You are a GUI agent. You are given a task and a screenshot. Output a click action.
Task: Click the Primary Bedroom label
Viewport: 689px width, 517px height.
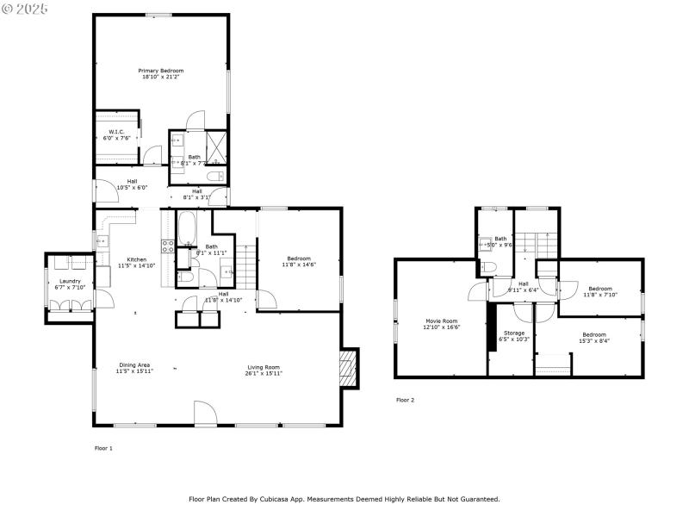pos(161,71)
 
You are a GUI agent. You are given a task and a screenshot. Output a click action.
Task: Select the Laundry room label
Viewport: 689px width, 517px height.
pos(70,282)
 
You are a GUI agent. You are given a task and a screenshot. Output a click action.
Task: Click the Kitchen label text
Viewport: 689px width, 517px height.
pos(137,259)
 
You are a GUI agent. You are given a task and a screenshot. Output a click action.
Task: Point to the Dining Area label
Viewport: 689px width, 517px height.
pos(133,366)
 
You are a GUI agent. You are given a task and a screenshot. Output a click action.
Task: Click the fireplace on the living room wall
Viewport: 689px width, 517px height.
pos(349,368)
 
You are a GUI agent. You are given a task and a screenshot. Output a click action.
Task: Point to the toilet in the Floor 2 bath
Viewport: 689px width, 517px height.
pos(488,268)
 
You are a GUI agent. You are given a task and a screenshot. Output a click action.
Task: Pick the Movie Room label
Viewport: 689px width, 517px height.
pos(442,321)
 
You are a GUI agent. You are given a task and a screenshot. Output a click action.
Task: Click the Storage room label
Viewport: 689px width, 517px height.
pos(514,332)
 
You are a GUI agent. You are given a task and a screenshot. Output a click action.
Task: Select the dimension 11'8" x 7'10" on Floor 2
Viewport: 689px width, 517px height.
pos(600,295)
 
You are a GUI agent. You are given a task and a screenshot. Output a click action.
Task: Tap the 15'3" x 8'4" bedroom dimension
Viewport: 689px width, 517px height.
pos(594,340)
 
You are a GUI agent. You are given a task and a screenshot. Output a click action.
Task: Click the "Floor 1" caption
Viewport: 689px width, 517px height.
pos(103,448)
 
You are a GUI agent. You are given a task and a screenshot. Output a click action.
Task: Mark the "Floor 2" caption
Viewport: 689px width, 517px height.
pos(405,400)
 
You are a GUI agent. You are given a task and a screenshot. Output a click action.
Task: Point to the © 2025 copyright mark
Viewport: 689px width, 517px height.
pos(25,8)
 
